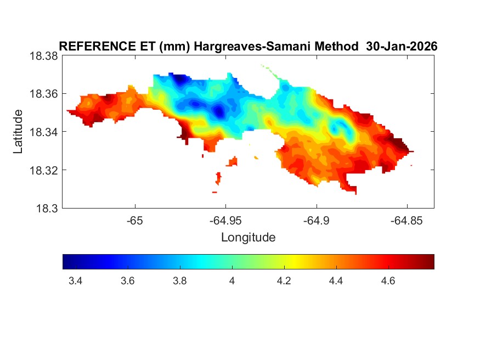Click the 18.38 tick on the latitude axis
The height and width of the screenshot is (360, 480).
(x=43, y=56)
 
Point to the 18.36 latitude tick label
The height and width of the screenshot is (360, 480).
(x=43, y=94)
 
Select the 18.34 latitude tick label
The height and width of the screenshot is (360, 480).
(x=43, y=132)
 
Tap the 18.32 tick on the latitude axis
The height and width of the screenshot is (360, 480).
(x=43, y=170)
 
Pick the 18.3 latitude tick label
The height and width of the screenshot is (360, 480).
(x=46, y=209)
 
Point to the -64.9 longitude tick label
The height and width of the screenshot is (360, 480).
(x=316, y=221)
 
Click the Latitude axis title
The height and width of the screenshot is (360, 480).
(x=19, y=132)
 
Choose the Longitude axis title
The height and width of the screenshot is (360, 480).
(x=248, y=238)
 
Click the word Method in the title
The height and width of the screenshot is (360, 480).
(x=335, y=47)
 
